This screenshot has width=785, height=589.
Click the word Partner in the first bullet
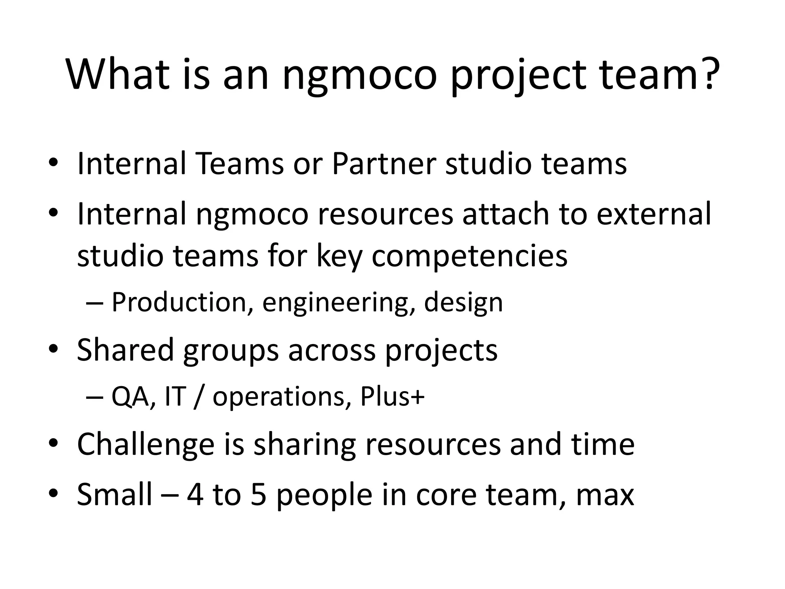(x=384, y=164)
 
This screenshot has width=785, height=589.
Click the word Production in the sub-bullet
(x=179, y=303)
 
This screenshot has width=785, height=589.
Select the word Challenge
(x=146, y=445)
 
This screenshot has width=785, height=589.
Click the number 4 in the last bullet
(x=195, y=495)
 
